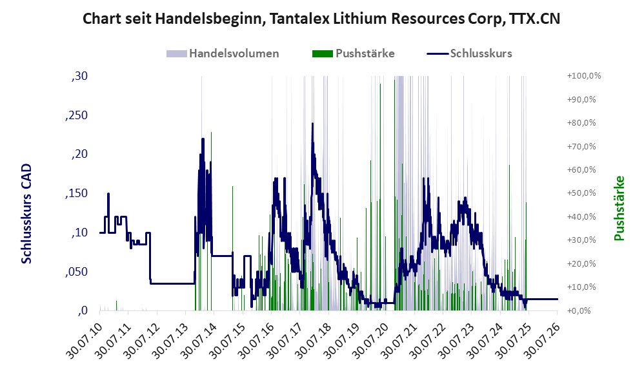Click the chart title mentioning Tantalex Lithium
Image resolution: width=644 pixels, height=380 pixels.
pyautogui.click(x=321, y=19)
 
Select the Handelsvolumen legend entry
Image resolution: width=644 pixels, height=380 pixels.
pyautogui.click(x=223, y=53)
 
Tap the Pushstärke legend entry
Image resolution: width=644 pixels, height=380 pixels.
pyautogui.click(x=353, y=53)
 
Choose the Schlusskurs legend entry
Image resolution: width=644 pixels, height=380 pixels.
pyautogui.click(x=469, y=53)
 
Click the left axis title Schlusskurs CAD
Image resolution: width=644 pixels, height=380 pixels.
pyautogui.click(x=26, y=214)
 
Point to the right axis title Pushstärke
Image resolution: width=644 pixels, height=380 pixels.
pyautogui.click(x=619, y=208)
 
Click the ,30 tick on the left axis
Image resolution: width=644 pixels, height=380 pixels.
pyautogui.click(x=79, y=76)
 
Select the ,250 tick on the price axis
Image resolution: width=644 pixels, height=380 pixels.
pyautogui.click(x=76, y=115)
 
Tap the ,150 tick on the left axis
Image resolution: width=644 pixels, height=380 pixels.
pyautogui.click(x=76, y=193)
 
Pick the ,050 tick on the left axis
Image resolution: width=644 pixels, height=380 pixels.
pyautogui.click(x=76, y=272)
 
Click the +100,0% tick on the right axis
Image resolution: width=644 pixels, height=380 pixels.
pyautogui.click(x=583, y=76)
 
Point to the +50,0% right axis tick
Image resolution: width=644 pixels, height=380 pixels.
pyautogui.click(x=581, y=193)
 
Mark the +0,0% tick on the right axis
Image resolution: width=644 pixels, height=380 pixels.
pyautogui.click(x=579, y=310)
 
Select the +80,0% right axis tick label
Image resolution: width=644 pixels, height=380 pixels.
pyautogui.click(x=581, y=122)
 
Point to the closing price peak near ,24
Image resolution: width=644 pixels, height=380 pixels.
pyautogui.click(x=312, y=124)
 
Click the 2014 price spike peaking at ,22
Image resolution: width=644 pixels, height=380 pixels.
pyautogui.click(x=203, y=139)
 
